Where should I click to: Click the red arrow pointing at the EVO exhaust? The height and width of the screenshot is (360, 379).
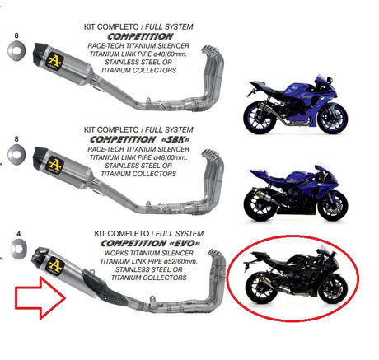tap(40, 297)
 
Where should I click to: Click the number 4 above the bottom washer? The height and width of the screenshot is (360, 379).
tap(18, 234)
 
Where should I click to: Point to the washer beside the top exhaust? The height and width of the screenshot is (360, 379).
tap(16, 51)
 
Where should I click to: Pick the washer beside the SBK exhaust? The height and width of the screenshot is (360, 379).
tap(16, 154)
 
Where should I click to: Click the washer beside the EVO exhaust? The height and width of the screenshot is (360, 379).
tap(19, 249)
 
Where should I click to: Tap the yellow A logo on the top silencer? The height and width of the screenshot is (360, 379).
tap(54, 61)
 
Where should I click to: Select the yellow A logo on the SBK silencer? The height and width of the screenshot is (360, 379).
tap(55, 165)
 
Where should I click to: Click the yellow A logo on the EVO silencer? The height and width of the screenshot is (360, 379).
tap(56, 265)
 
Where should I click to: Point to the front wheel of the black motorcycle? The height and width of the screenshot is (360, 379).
tap(332, 289)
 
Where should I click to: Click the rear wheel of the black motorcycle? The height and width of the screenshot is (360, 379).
tap(260, 289)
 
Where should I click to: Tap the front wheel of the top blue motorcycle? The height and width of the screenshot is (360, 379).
tap(333, 118)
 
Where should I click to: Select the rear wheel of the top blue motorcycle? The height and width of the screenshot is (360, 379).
tap(259, 118)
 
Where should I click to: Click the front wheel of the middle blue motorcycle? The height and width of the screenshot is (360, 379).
tap(333, 206)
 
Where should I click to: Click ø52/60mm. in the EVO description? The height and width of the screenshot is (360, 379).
tap(183, 261)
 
